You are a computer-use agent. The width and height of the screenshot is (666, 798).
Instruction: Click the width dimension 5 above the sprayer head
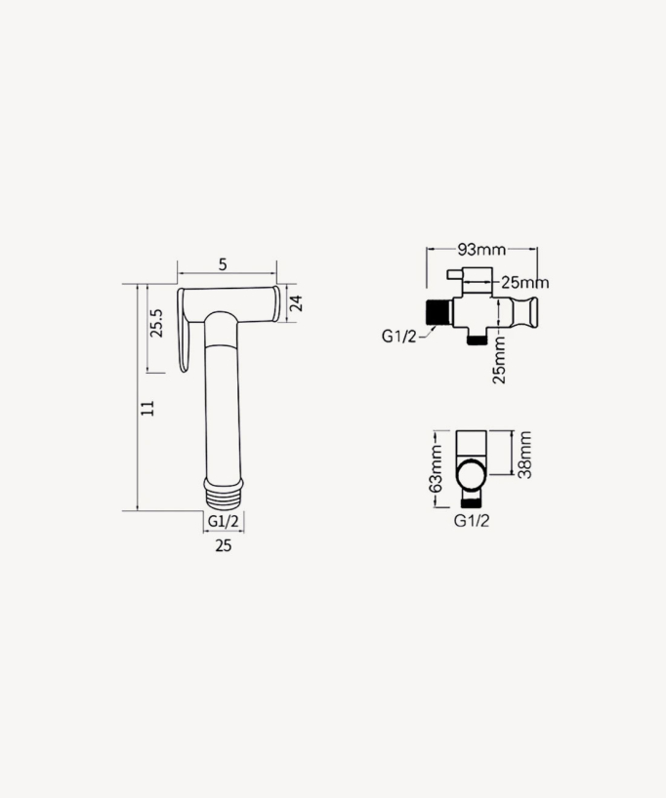tap(223, 264)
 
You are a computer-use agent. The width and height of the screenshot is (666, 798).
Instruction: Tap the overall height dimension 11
tap(147, 409)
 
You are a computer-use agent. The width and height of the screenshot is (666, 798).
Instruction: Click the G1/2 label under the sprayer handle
tap(223, 521)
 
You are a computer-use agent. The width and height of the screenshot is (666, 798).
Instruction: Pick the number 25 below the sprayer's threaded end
tap(223, 546)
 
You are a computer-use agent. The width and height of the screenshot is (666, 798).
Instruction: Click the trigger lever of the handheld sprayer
tap(184, 332)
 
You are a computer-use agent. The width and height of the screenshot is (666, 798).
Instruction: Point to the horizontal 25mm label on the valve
tap(523, 283)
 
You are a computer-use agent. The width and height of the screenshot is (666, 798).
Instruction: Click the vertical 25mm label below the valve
tap(500, 359)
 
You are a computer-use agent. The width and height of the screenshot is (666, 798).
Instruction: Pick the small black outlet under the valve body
tap(477, 338)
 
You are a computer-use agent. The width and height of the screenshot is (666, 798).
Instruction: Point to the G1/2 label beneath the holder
tap(472, 520)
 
